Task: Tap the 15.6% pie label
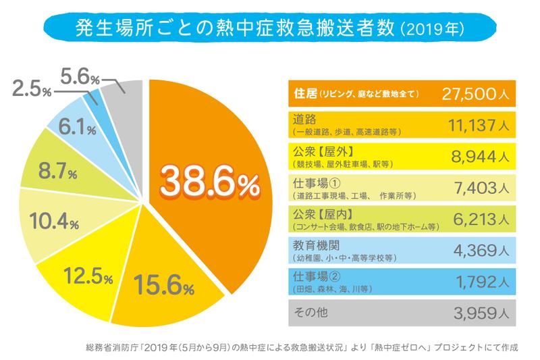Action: [164, 285]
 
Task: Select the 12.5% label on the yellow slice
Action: [90, 275]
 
